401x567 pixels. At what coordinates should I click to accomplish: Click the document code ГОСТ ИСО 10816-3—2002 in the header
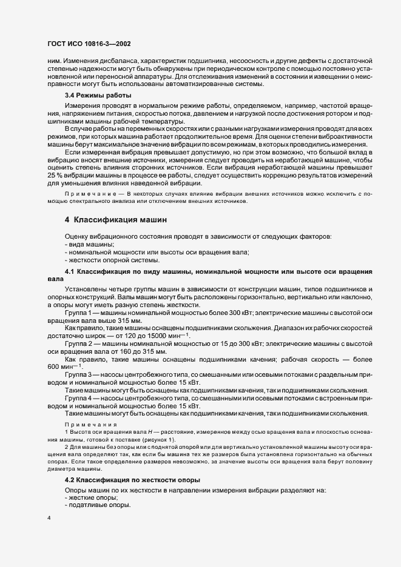tap(90, 44)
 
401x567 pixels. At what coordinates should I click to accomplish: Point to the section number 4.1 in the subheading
tap(70, 269)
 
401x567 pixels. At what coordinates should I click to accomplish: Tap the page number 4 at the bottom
tap(49, 520)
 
